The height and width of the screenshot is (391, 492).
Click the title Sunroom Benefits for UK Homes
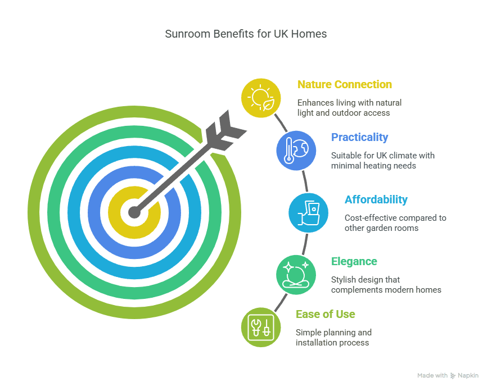246,34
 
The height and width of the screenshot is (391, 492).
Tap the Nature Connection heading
344,85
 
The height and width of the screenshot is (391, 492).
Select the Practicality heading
359,138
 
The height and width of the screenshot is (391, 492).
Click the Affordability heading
376,200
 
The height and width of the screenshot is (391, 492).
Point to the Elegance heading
354,262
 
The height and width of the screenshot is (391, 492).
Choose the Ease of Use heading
325,314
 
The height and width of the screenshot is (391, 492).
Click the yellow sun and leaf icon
261,98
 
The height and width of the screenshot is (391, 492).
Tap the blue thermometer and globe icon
296,150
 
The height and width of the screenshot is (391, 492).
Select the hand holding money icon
308,212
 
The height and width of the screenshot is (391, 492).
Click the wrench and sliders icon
260,327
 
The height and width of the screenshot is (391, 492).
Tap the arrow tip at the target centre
134,212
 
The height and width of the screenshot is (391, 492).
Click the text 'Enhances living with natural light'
349,108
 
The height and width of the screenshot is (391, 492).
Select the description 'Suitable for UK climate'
382,160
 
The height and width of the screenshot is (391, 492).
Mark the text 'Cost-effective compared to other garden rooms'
395,223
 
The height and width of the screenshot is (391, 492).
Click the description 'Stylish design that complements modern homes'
386,285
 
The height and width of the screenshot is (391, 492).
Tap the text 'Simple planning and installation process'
333,337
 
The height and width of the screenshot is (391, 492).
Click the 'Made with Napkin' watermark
448,375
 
